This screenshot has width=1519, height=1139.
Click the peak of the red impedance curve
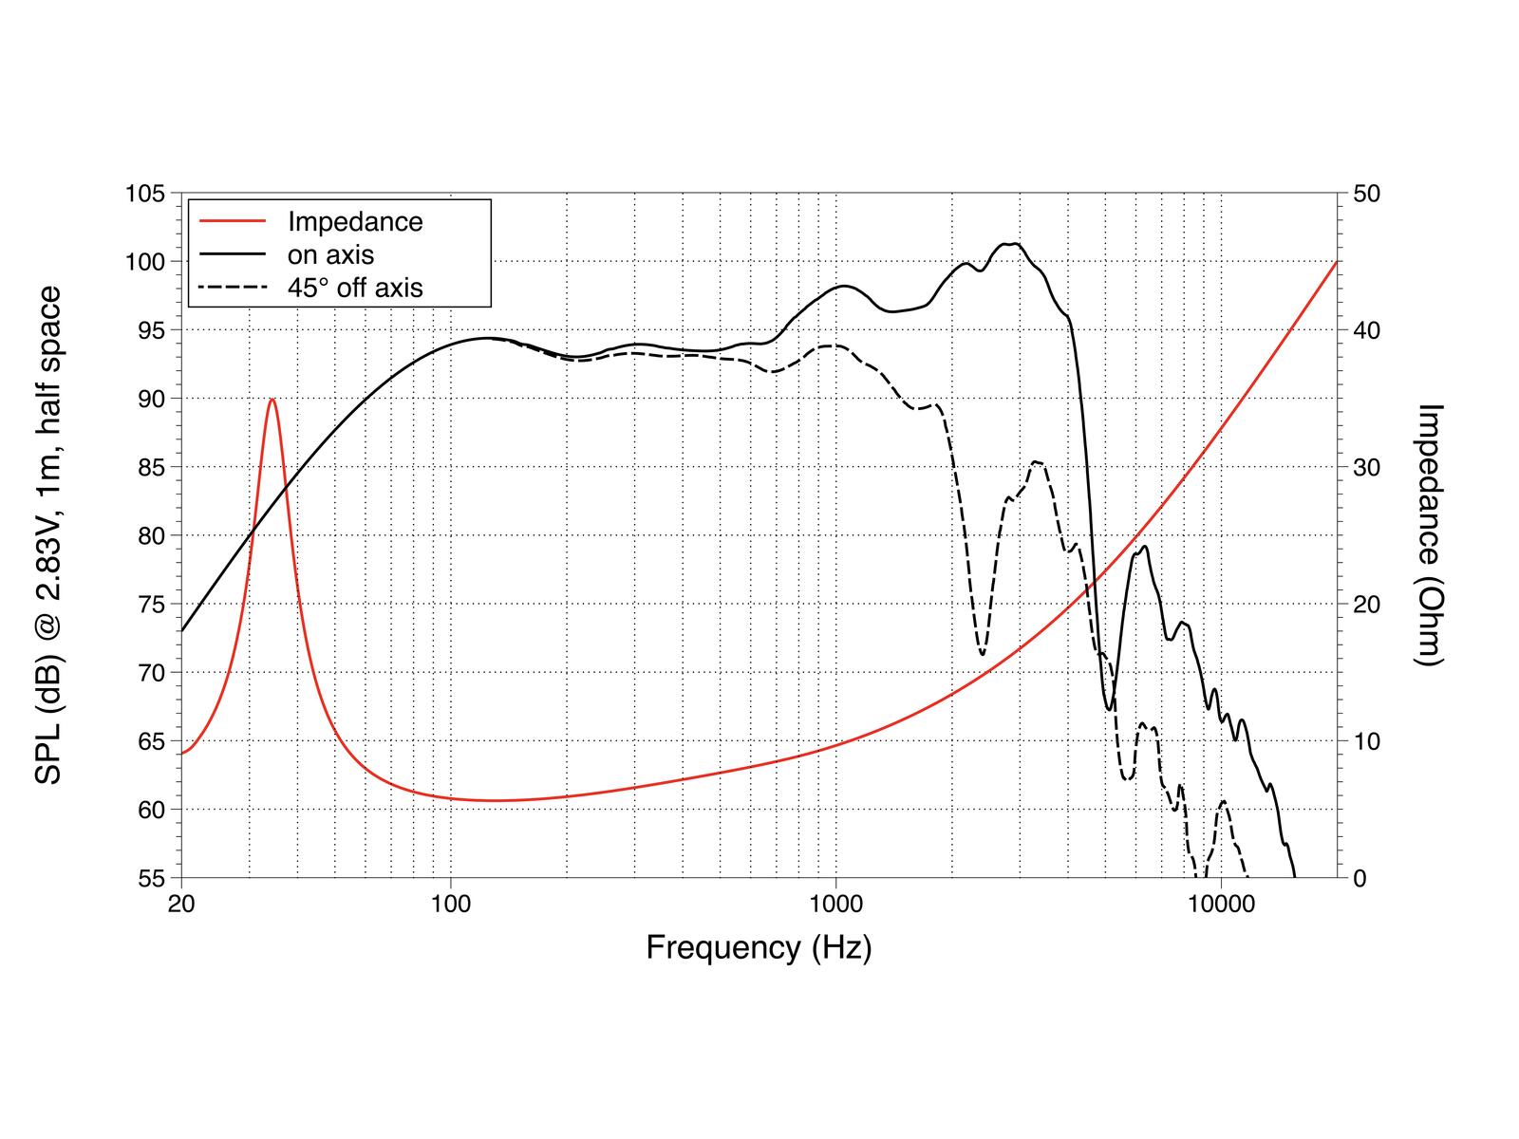click(272, 399)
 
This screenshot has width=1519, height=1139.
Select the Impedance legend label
click(355, 222)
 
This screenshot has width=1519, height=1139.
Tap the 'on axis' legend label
click(330, 255)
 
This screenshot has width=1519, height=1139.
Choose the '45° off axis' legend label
click(355, 288)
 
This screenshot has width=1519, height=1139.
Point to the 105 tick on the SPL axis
click(145, 194)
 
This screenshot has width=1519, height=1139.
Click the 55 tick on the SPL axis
click(152, 879)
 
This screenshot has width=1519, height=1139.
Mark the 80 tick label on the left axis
click(152, 536)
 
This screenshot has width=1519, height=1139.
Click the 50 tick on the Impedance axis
click(1367, 194)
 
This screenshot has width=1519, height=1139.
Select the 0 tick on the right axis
click(1360, 879)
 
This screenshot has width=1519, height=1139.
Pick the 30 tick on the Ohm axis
click(1367, 468)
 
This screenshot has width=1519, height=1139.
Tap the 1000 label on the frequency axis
click(836, 904)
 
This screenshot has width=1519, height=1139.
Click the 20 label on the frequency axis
click(181, 904)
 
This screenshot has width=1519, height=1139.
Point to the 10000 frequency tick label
click(1221, 904)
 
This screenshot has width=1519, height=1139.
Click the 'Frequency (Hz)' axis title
click(759, 948)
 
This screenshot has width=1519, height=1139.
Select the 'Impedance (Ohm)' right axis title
click(1428, 535)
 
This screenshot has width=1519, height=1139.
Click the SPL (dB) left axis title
click(47, 535)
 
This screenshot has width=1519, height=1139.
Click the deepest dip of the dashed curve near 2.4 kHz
click(982, 654)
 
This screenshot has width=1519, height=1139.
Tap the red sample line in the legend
click(233, 221)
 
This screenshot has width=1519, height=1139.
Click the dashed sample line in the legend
click(233, 287)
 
